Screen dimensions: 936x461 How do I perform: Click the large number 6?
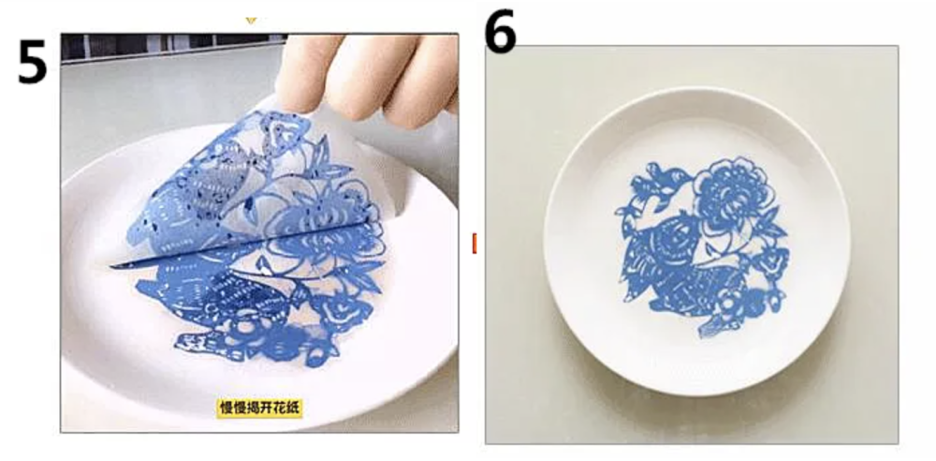coord(500,32)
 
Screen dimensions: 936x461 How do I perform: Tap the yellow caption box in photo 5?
coord(260,409)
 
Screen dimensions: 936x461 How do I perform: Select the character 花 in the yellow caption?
coord(277,409)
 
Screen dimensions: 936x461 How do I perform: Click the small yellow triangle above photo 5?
coord(251,21)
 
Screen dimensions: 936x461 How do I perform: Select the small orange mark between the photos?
coord(475,244)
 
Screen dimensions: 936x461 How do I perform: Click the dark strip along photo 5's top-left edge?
coord(172,47)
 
